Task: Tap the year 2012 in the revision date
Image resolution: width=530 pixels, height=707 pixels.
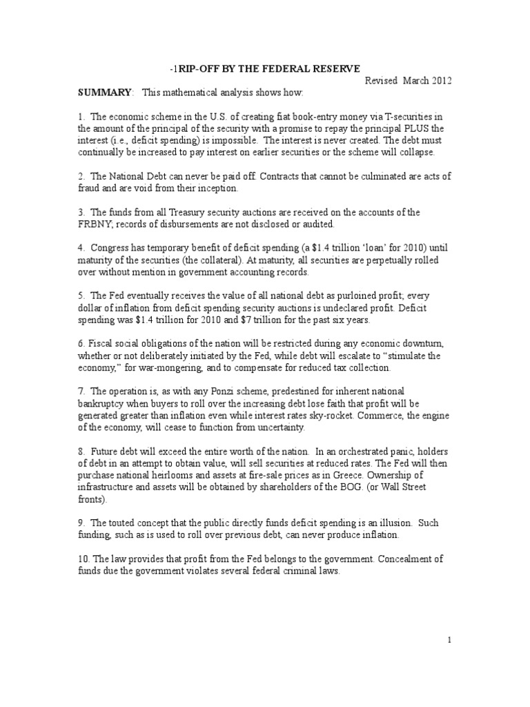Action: click(x=440, y=80)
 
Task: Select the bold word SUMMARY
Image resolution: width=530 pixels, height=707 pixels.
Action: click(x=104, y=93)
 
